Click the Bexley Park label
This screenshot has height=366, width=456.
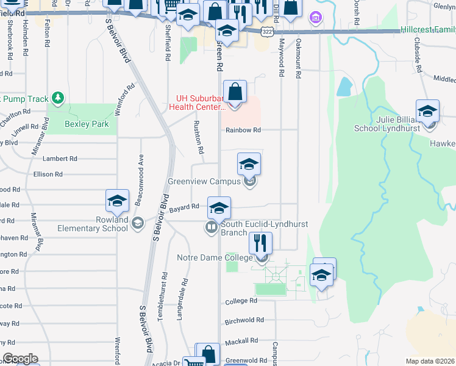pyautogui.click(x=87, y=124)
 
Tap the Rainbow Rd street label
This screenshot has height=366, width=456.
pyautogui.click(x=243, y=130)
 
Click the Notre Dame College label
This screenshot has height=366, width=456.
pyautogui.click(x=214, y=258)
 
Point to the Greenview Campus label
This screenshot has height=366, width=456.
pyautogui.click(x=205, y=181)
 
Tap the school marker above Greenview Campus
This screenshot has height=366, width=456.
pyautogui.click(x=249, y=165)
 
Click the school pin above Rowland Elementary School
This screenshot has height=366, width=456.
pyautogui.click(x=117, y=201)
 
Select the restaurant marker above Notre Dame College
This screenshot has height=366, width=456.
pyautogui.click(x=261, y=243)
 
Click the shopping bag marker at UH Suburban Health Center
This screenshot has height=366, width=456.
pyautogui.click(x=235, y=93)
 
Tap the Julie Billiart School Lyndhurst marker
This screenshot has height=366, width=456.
pyautogui.click(x=428, y=112)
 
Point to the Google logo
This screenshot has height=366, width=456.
pyautogui.click(x=20, y=359)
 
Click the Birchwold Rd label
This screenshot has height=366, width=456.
pyautogui.click(x=244, y=320)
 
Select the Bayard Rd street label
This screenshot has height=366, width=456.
pyautogui.click(x=185, y=207)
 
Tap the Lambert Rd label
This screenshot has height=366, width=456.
pyautogui.click(x=64, y=159)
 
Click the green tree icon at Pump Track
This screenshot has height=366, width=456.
pyautogui.click(x=57, y=97)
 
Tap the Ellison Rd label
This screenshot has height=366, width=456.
pyautogui.click(x=49, y=174)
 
